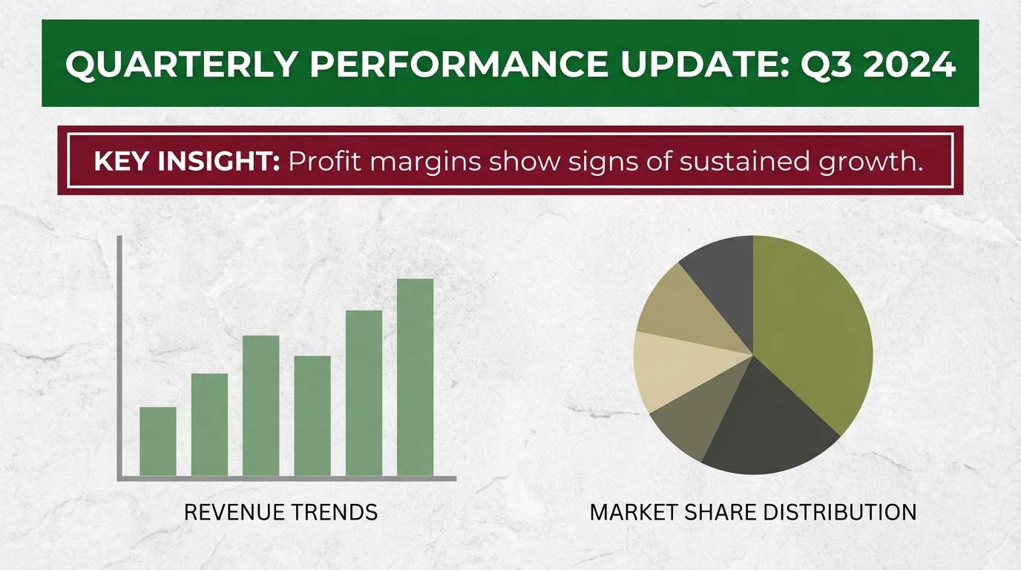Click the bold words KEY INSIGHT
tap(186, 161)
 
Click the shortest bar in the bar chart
tap(158, 442)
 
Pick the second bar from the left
tap(209, 425)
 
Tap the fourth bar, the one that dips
tap(312, 416)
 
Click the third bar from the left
tap(260, 406)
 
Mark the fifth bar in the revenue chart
tap(364, 393)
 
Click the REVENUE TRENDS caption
tap(280, 512)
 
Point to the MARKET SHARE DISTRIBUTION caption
tap(752, 512)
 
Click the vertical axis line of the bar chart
tap(119, 356)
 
